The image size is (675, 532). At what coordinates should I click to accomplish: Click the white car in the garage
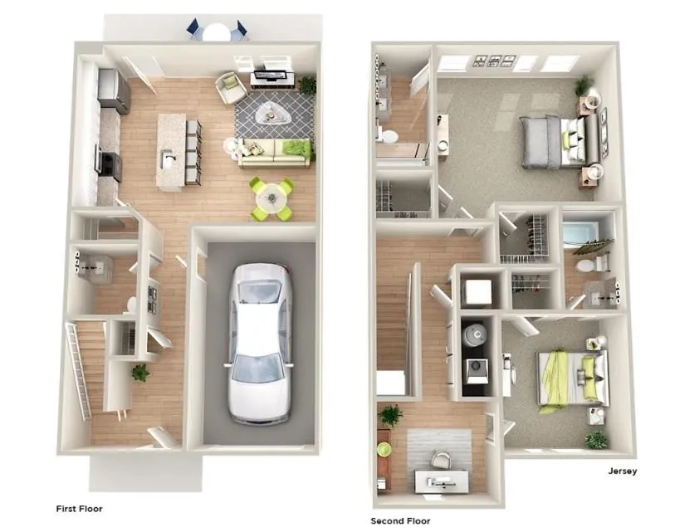click(x=260, y=343)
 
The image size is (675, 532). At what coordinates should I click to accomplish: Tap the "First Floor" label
click(x=79, y=509)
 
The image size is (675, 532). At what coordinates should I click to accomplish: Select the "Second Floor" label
click(x=400, y=521)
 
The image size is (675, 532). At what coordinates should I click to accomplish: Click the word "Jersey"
click(x=623, y=471)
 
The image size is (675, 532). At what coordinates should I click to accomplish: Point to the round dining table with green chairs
click(x=271, y=198)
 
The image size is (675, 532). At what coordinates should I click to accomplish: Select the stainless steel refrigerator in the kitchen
click(x=114, y=91)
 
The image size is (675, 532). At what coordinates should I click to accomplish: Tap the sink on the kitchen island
click(x=169, y=159)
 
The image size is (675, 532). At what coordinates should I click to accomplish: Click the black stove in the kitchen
click(x=110, y=164)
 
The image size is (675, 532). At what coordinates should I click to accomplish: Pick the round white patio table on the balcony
click(x=216, y=32)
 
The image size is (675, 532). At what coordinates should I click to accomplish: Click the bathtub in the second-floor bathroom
click(x=580, y=235)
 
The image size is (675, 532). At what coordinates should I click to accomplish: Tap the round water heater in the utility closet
click(x=475, y=333)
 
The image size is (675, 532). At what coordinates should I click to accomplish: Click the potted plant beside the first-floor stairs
click(x=140, y=373)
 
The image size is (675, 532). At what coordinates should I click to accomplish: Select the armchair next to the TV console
click(x=231, y=87)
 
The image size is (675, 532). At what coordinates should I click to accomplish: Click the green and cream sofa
click(x=275, y=153)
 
